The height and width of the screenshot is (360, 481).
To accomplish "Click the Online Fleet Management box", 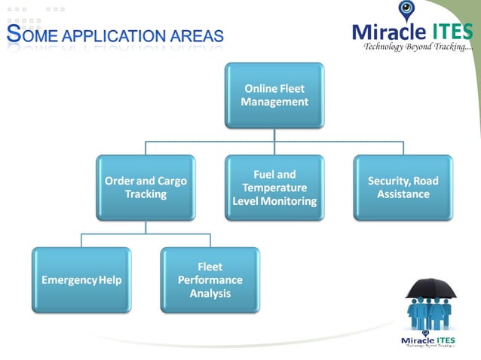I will [274, 95].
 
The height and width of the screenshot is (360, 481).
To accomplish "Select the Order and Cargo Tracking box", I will [146, 188].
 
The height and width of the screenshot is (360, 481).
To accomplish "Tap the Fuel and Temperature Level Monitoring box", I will [274, 188].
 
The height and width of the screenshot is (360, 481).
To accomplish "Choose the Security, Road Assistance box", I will [403, 188].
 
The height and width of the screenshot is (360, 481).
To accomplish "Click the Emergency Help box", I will [81, 280].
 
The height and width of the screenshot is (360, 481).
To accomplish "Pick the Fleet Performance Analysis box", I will [210, 280].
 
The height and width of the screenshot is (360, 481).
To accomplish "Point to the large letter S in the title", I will [13, 33].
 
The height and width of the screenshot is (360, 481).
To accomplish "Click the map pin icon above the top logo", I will [406, 10].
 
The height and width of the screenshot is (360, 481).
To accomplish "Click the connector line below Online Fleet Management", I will [274, 134].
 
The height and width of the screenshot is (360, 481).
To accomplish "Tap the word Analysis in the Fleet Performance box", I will [210, 293].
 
